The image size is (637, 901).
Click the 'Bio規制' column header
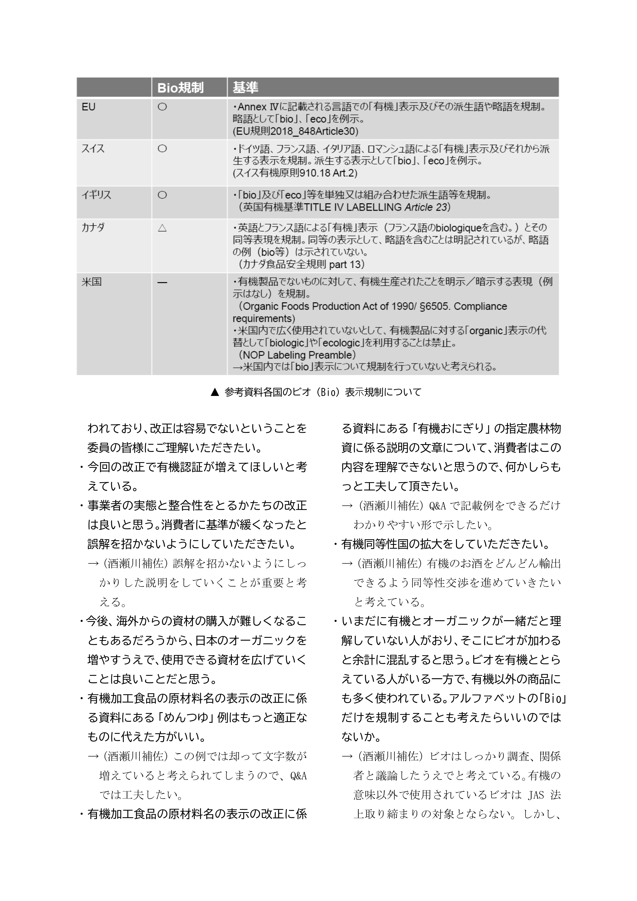(x=180, y=88)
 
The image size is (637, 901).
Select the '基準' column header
(x=245, y=88)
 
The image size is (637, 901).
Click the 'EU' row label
(x=88, y=107)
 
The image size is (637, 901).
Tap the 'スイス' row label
(x=93, y=149)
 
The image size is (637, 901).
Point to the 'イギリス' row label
(x=96, y=195)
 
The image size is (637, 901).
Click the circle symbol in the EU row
(x=162, y=107)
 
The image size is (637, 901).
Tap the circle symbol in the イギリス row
(x=162, y=195)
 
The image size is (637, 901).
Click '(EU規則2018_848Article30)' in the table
(x=295, y=131)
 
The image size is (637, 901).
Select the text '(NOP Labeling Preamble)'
(x=297, y=355)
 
